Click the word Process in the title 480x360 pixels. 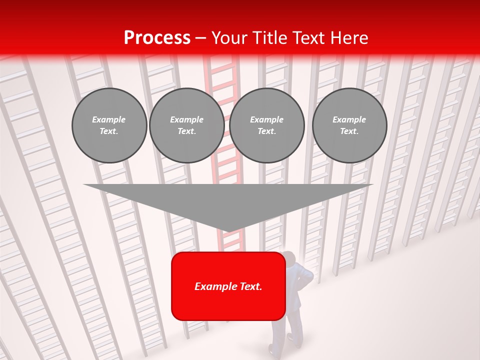[157, 38]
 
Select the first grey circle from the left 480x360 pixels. [109, 125]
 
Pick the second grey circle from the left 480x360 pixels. [186, 125]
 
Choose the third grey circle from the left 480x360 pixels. [266, 125]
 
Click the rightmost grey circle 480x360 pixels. [349, 125]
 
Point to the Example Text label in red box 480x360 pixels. [228, 286]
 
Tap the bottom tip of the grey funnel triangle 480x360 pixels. [228, 231]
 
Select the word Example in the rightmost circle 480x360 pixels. [349, 119]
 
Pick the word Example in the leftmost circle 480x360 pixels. [109, 119]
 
